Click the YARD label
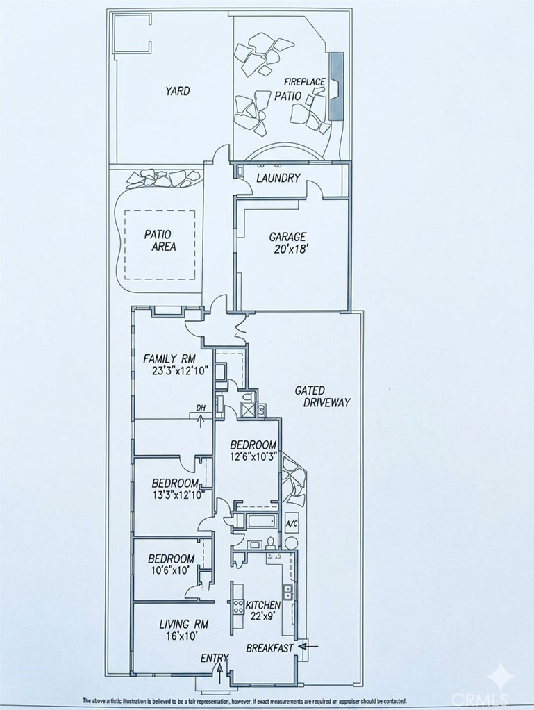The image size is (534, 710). pos(177,91)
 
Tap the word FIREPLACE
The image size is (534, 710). pos(305,82)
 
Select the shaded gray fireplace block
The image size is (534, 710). pos(337,86)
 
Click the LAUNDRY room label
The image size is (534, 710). pos(278,178)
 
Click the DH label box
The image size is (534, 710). pos(201,408)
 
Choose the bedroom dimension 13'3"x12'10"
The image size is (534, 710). pos(182,493)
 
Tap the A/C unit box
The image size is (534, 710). pos(292,523)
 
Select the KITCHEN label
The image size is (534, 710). pos(263,605)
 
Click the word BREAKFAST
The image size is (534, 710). pos(269,648)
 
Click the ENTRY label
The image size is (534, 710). pos(215,659)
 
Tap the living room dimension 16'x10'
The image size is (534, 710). pos(182,636)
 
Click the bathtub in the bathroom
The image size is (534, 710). pos(262,521)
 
